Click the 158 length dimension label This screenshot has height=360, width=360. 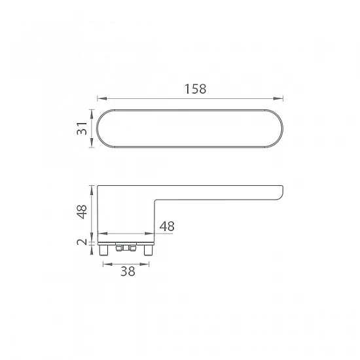coord(196,89)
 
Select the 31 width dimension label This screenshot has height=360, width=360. coord(82,128)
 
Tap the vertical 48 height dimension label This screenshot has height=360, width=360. coord(82,211)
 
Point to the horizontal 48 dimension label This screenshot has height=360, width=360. coord(167,226)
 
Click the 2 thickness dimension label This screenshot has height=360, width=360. coord(82,242)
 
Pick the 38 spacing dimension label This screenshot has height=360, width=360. coord(128,271)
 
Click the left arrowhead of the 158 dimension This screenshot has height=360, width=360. coord(102,98)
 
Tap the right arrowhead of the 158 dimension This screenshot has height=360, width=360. coord(278,98)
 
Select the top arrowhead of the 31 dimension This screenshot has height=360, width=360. coord(92,114)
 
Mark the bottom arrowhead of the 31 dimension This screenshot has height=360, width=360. coord(92,142)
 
